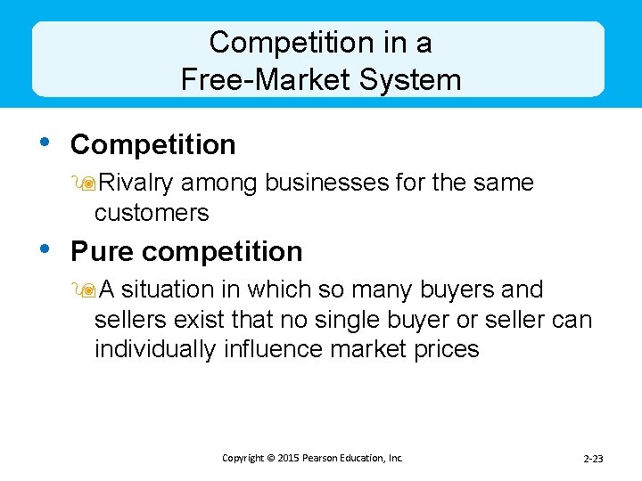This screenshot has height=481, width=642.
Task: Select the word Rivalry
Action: coord(136,183)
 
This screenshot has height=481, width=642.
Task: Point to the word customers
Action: coord(152,213)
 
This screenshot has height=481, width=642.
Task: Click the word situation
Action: coord(181,289)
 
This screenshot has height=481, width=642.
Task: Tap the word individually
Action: coord(155,348)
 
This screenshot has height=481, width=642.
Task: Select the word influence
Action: coord(273,348)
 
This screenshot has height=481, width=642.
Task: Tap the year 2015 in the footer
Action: coord(290,458)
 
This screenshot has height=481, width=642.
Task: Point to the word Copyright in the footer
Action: coord(243,458)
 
